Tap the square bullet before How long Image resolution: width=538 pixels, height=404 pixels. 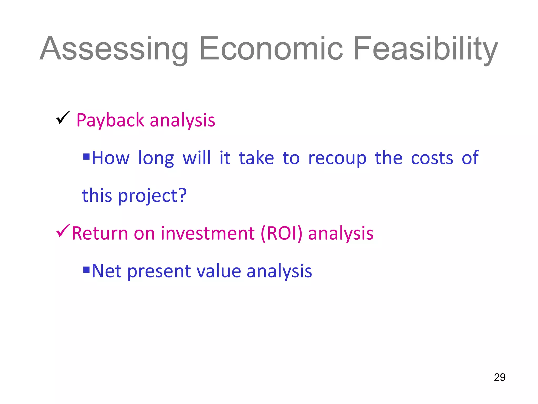click(x=86, y=157)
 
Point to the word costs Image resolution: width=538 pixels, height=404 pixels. click(x=432, y=158)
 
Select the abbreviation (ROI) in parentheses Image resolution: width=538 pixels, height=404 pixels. click(x=281, y=233)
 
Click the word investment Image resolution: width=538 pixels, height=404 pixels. click(x=208, y=233)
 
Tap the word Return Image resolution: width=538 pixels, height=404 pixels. click(x=100, y=233)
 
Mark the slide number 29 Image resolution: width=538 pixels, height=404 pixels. click(x=499, y=377)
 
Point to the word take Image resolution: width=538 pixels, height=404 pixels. click(x=256, y=158)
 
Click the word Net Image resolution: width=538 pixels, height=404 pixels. click(x=106, y=271)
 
